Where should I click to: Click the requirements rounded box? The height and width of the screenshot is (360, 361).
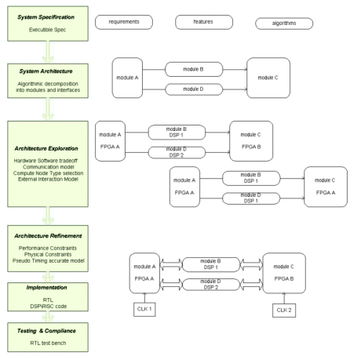point(124,22)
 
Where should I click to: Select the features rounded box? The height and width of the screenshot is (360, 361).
point(204,22)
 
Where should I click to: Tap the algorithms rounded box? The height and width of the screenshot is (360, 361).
point(284,24)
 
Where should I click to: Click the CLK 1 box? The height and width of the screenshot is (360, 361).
point(144,309)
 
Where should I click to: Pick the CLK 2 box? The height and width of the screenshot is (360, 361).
point(284,311)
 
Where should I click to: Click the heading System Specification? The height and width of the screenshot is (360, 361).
point(46,17)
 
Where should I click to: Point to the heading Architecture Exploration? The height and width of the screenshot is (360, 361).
point(46,148)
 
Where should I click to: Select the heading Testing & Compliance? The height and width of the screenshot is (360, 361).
point(46,331)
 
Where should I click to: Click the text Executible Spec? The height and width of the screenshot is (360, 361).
point(47,30)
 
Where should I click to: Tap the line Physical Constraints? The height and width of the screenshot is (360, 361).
point(48,254)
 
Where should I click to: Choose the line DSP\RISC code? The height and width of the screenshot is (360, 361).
point(49,306)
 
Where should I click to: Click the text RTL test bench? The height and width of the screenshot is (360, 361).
point(48,343)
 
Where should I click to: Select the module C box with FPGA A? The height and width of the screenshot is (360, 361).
point(326,187)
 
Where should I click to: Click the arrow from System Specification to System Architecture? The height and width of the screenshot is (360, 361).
point(48,52)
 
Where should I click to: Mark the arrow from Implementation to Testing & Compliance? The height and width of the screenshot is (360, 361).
point(48,317)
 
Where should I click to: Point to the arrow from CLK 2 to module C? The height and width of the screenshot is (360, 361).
point(284,298)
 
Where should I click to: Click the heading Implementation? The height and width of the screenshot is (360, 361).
point(46,288)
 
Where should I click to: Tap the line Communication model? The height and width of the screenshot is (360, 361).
point(49,167)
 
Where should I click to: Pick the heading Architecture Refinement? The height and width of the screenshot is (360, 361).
point(48,236)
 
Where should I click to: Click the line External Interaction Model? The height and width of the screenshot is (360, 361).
point(48,179)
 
